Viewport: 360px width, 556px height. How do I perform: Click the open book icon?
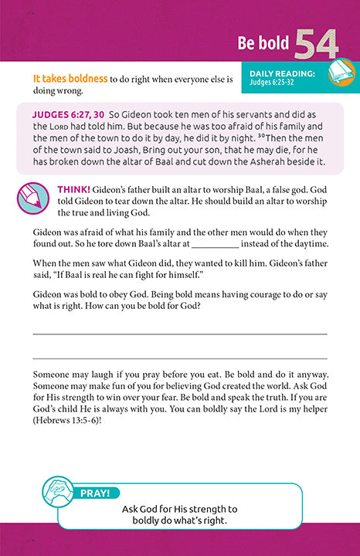(339, 74)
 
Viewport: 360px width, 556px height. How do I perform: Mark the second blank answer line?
(180, 358)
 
